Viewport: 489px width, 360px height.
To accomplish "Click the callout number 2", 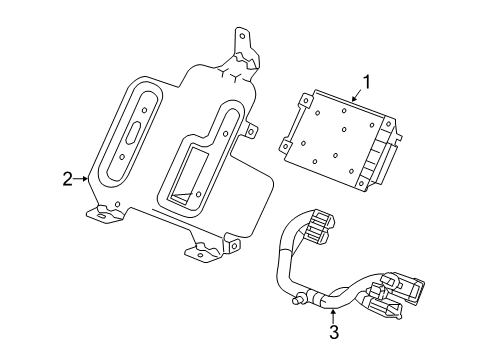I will point(67,180).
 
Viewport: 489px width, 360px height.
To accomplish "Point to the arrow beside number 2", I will point(83,180).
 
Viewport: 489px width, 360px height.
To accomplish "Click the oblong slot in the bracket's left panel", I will point(134,134).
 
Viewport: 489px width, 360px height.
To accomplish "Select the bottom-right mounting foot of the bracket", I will point(233,269).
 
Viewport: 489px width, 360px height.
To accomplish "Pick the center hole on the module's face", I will point(342,131).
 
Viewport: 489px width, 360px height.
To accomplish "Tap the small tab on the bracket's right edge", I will point(251,129).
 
